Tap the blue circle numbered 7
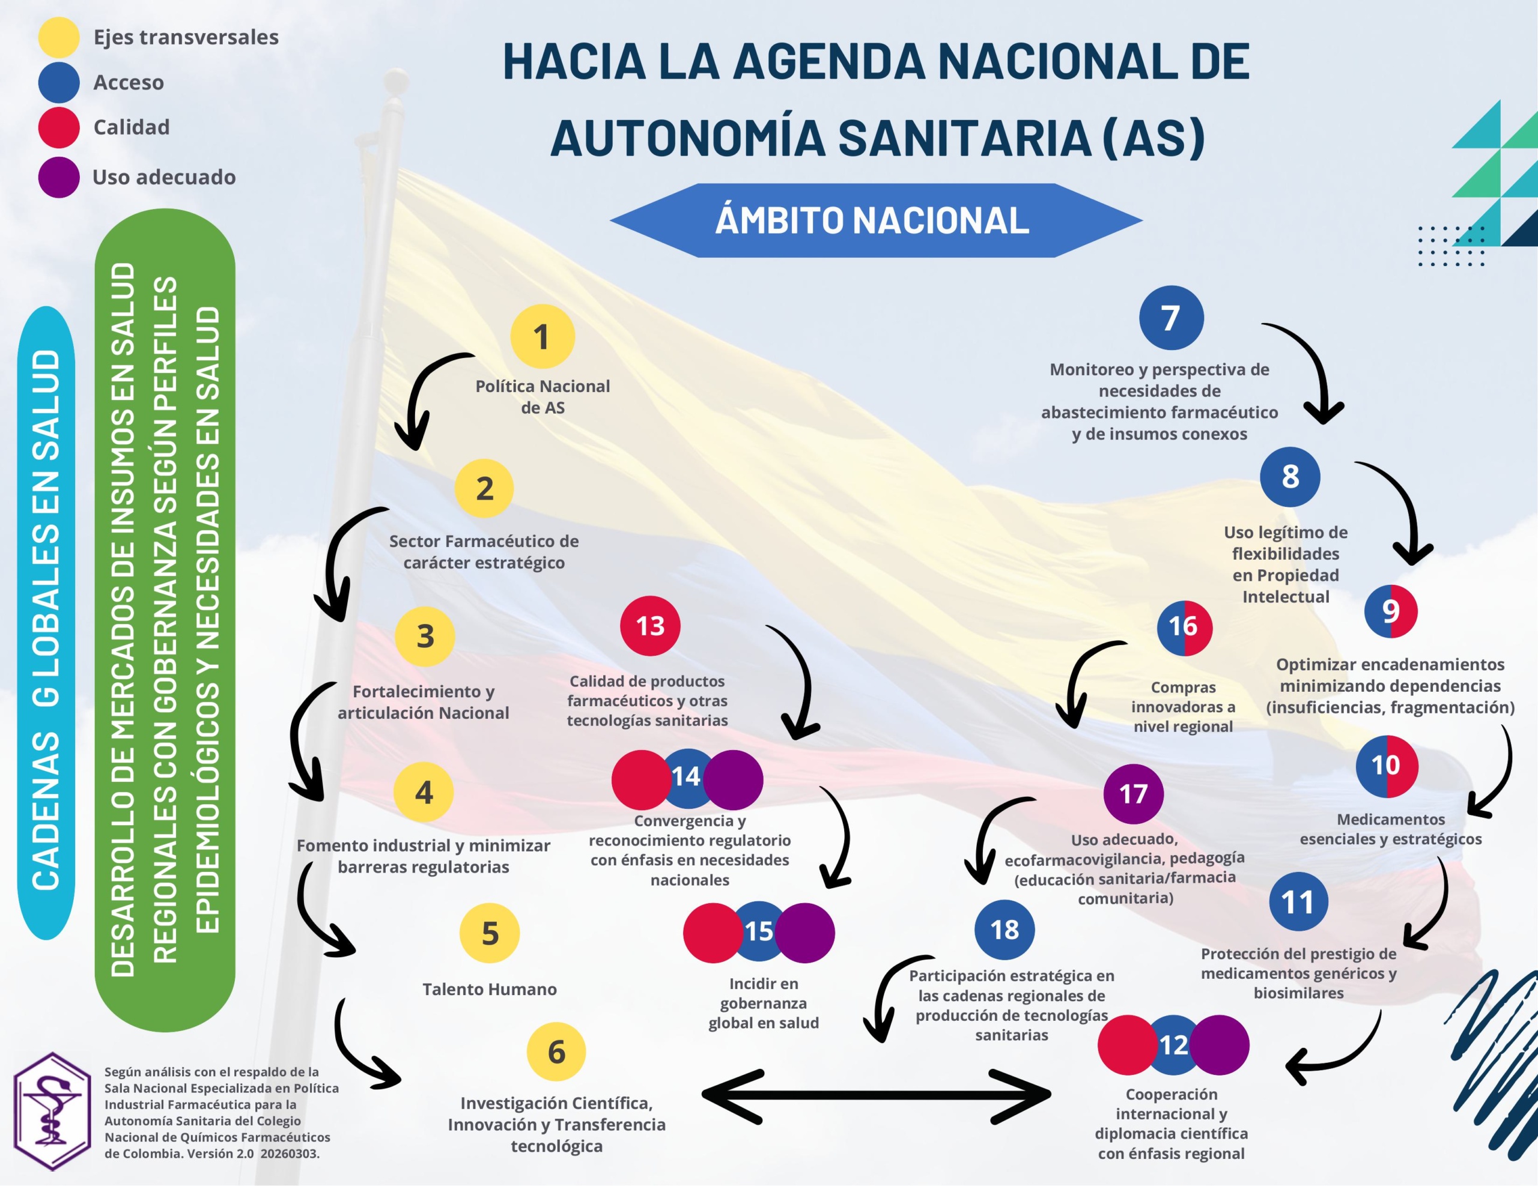pyautogui.click(x=1170, y=318)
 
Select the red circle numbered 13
pyautogui.click(x=649, y=626)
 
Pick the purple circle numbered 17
pyautogui.click(x=1133, y=794)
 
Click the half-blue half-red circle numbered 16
pyautogui.click(x=1184, y=626)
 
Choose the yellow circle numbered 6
pyautogui.click(x=556, y=1051)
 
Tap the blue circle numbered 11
pyautogui.click(x=1298, y=901)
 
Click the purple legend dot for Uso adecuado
pyautogui.click(x=58, y=177)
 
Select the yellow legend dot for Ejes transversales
pyautogui.click(x=58, y=37)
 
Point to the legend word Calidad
pyautogui.click(x=132, y=127)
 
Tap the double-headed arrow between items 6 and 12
pyautogui.click(x=876, y=1095)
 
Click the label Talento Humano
pyautogui.click(x=490, y=989)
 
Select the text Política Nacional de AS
pyautogui.click(x=543, y=396)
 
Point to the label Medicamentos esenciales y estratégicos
pyautogui.click(x=1390, y=829)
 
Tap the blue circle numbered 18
pyautogui.click(x=1005, y=930)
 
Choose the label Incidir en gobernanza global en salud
pyautogui.click(x=764, y=1003)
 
